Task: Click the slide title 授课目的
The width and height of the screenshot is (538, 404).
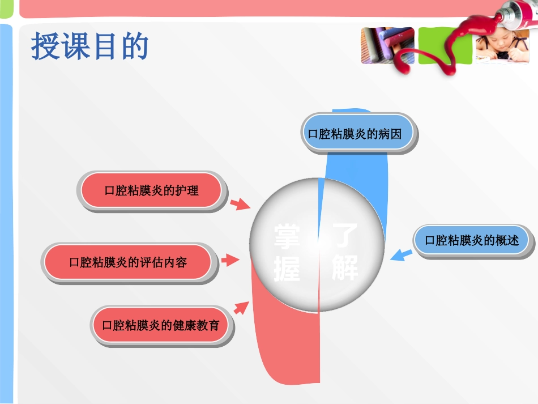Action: (x=90, y=46)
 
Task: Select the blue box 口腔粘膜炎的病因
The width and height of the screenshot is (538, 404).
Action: (x=359, y=134)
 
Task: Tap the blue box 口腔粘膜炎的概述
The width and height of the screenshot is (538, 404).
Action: (x=474, y=241)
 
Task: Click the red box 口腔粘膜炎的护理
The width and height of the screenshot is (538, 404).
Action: (x=152, y=191)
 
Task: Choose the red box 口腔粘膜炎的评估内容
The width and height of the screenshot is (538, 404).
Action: (x=129, y=263)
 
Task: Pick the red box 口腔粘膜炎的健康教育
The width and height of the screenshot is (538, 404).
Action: (x=162, y=326)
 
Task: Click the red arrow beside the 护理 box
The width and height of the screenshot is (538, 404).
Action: (x=240, y=204)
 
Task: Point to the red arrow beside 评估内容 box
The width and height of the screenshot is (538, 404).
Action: (x=230, y=260)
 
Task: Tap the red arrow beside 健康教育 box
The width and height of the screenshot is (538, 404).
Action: (x=242, y=308)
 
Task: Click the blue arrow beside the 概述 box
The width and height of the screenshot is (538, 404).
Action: (x=401, y=255)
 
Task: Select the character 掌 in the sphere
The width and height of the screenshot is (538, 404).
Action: (x=287, y=237)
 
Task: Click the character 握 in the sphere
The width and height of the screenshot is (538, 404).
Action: (x=287, y=269)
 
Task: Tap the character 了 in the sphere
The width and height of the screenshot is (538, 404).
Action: (x=345, y=236)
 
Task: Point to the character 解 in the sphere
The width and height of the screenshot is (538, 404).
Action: (x=345, y=267)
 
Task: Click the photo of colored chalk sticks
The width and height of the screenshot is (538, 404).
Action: (x=388, y=46)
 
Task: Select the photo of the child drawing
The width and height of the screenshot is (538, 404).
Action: (x=502, y=46)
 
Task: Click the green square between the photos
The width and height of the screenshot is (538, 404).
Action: (x=445, y=46)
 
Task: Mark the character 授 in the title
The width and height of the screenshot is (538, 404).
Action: (x=45, y=46)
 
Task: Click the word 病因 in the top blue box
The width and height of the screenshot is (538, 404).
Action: (x=390, y=134)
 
